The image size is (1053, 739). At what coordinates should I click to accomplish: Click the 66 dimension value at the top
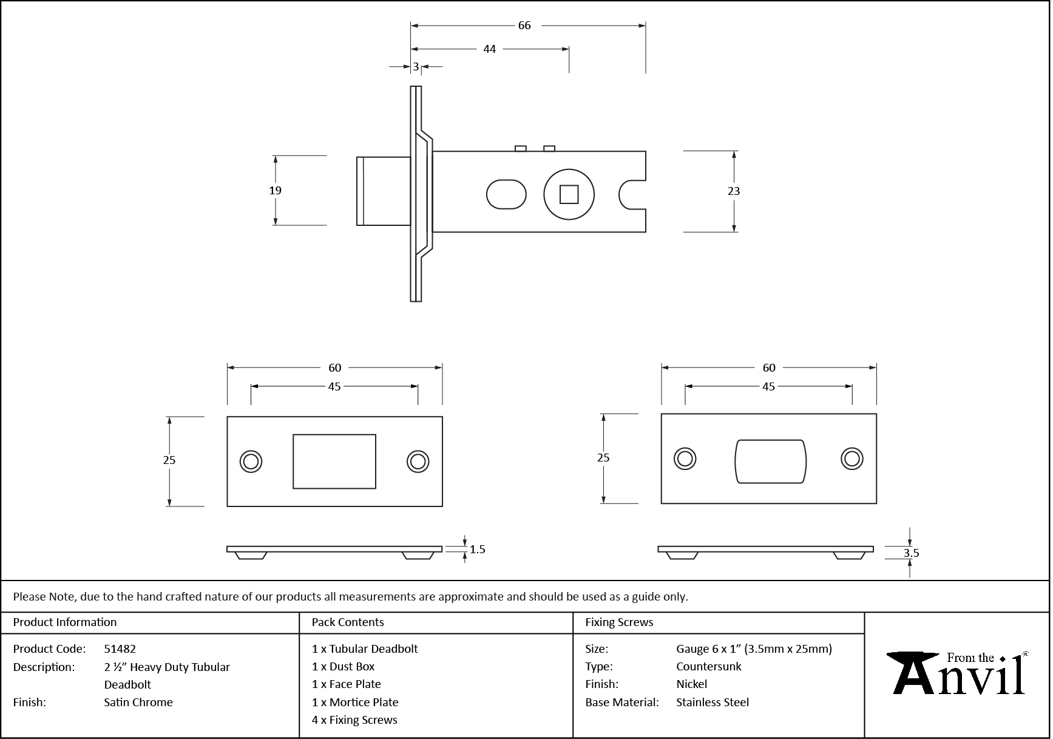[x=524, y=26]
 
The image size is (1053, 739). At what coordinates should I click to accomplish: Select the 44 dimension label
[x=489, y=49]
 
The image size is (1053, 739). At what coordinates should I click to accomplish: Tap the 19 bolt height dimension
[x=275, y=191]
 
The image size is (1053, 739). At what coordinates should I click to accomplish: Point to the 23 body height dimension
[x=734, y=191]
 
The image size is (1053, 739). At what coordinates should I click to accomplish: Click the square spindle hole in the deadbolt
[x=569, y=195]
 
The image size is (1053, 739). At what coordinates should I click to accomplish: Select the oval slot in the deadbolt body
[x=506, y=194]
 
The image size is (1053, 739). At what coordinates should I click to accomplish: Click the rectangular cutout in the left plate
[x=334, y=461]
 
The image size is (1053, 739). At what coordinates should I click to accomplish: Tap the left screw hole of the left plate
[x=251, y=461]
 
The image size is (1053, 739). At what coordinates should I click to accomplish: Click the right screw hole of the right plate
[x=852, y=458]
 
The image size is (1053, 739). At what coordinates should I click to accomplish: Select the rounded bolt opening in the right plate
[x=770, y=461]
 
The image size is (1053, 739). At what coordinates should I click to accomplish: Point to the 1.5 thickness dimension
[x=477, y=550]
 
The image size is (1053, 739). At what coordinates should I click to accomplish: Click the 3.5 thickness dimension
[x=911, y=553]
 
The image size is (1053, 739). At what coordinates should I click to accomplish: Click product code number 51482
[x=120, y=649]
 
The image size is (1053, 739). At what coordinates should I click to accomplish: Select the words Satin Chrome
[x=138, y=702]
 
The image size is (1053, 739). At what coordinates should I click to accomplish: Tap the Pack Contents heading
[x=348, y=622]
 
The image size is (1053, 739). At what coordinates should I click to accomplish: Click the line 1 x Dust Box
[x=344, y=666]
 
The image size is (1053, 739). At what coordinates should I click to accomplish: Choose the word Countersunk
[x=709, y=666]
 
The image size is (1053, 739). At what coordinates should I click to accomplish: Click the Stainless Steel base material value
[x=713, y=702]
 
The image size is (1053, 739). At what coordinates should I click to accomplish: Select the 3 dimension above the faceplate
[x=416, y=67]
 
